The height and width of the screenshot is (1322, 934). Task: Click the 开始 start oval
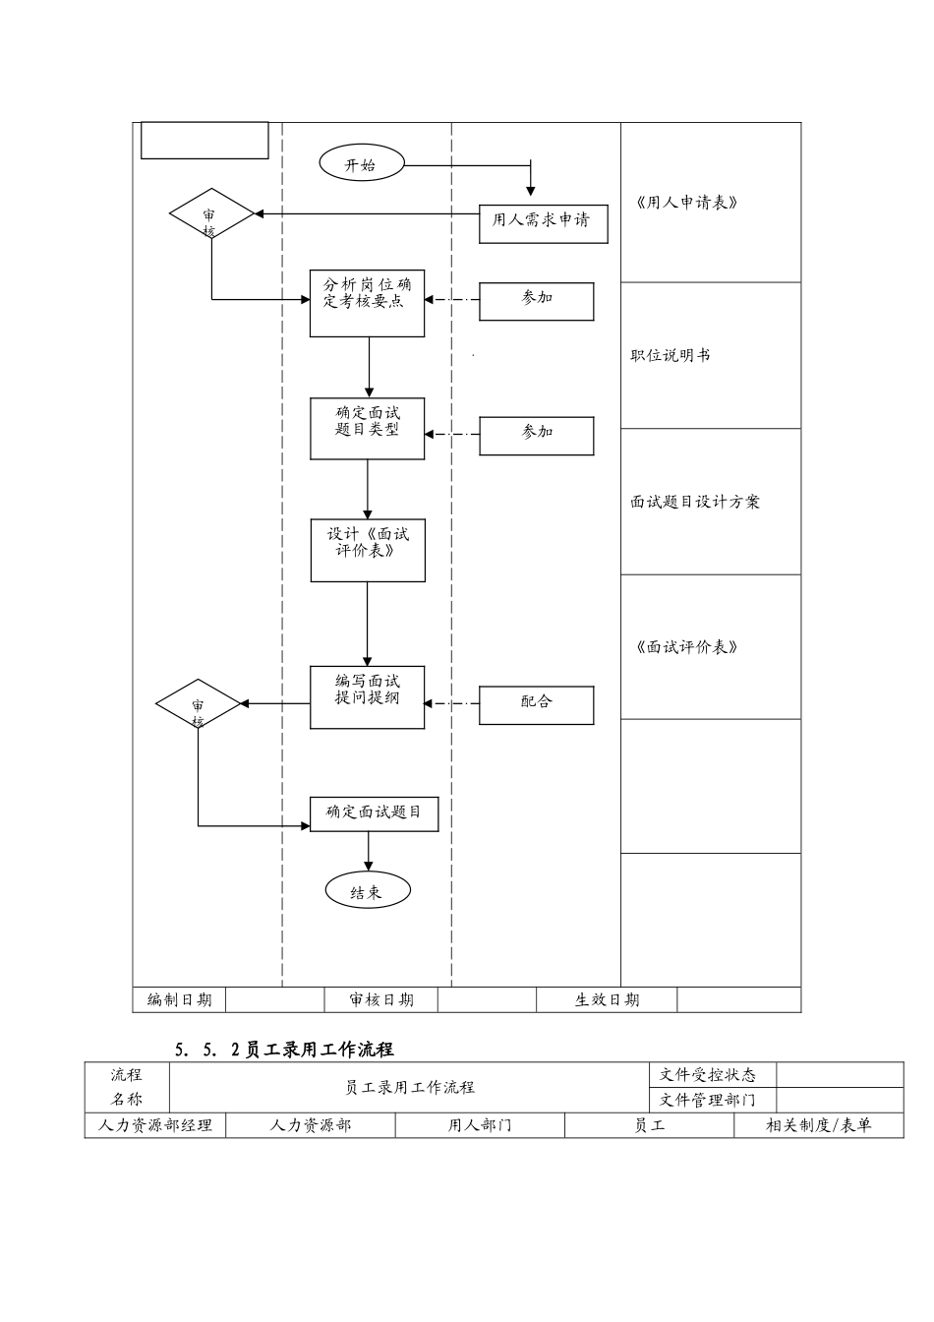click(361, 164)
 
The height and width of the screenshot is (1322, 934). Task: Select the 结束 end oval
click(367, 891)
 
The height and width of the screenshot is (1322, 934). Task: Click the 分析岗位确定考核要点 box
click(368, 303)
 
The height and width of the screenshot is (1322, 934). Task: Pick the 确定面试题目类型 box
click(368, 429)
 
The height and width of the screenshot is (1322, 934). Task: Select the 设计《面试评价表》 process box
click(368, 550)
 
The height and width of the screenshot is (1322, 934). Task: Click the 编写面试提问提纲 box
click(368, 697)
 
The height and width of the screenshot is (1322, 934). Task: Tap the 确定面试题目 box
click(374, 813)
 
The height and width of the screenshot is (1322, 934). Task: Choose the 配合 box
click(536, 704)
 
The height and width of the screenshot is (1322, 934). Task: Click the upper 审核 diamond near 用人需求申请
click(210, 214)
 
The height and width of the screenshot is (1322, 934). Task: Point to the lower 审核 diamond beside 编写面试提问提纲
click(199, 704)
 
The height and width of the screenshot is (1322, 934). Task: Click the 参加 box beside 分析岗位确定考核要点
click(536, 301)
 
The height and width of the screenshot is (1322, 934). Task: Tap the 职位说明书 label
click(670, 355)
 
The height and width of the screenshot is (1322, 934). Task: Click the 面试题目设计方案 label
click(695, 502)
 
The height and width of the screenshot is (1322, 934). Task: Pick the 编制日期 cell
click(179, 999)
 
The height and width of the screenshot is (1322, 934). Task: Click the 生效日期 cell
click(607, 999)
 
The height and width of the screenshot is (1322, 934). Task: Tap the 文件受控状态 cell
click(708, 1075)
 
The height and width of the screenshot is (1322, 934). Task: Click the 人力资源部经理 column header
click(155, 1125)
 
